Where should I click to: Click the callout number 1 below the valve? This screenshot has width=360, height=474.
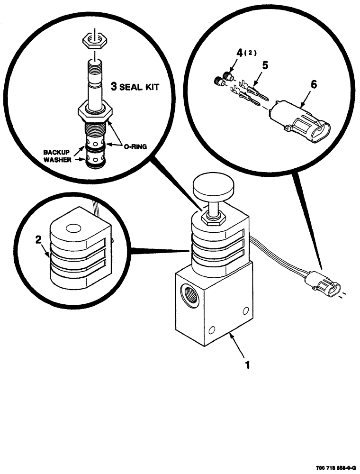246,365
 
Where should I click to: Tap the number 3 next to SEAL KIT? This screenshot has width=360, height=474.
114,87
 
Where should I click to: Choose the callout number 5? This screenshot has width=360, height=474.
265,66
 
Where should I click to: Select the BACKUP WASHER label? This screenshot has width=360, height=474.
57,156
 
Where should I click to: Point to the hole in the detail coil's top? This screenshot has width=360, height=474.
73,229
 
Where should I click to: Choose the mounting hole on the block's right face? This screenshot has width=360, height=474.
245,311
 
